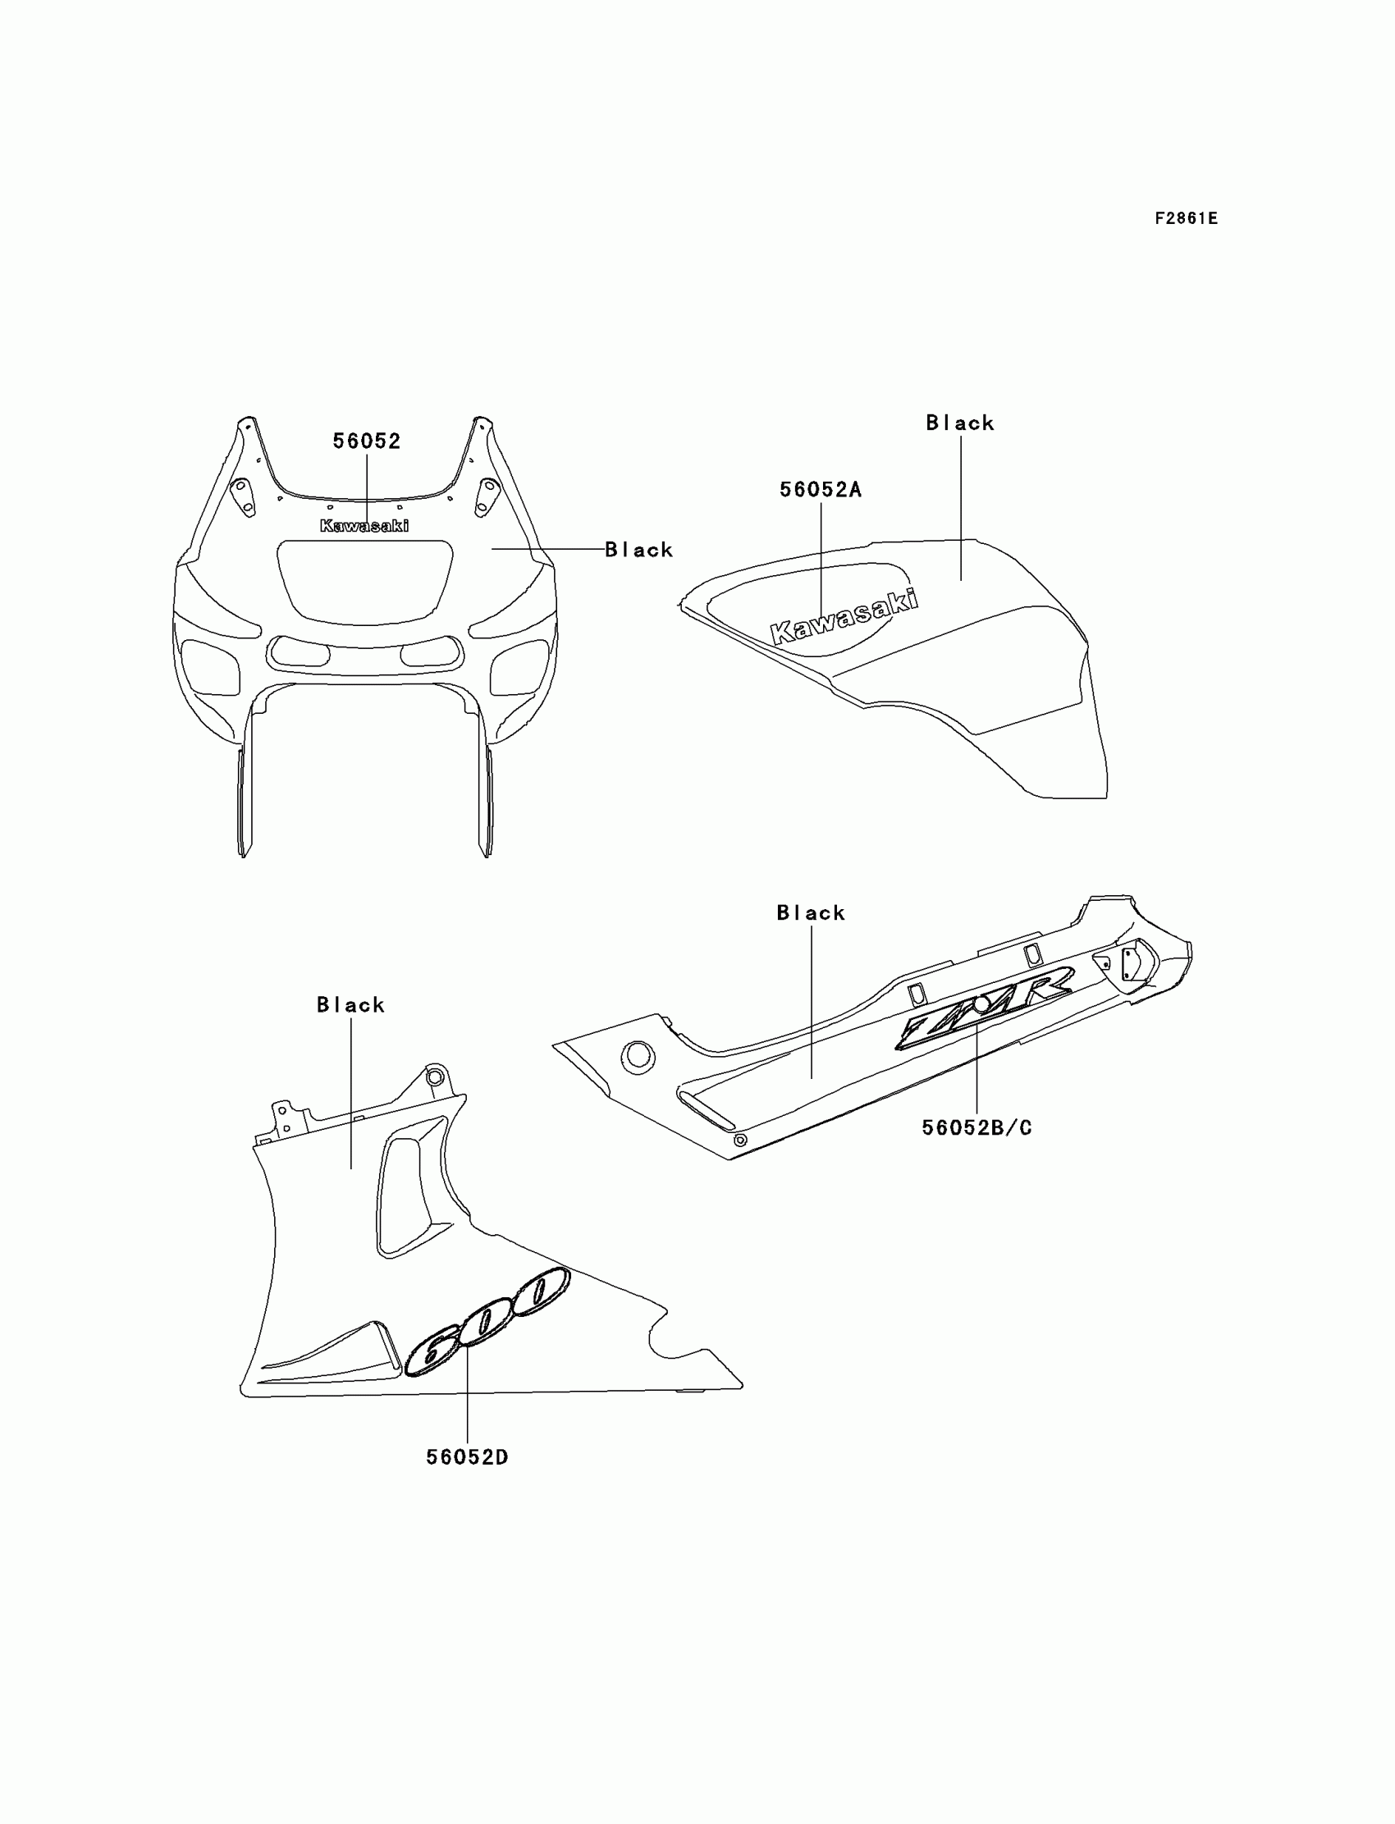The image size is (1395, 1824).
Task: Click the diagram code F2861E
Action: coord(1186,218)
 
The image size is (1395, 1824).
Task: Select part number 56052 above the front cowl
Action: coord(366,441)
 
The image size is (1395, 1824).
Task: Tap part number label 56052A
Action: coord(821,490)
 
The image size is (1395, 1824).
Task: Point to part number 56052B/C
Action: coord(976,1128)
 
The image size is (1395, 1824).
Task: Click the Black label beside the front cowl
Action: coord(638,550)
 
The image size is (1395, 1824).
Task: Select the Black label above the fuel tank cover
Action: coord(960,423)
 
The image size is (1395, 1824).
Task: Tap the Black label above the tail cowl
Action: coord(811,913)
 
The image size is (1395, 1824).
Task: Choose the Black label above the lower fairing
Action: coord(350,1005)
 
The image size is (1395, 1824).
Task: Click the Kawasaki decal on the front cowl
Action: coord(364,525)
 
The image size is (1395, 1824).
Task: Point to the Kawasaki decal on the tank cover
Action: coord(844,617)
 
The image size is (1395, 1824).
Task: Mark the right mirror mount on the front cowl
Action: coord(486,496)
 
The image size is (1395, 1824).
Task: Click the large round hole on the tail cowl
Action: coord(638,1056)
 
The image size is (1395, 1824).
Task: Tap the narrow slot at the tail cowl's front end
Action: coord(707,1112)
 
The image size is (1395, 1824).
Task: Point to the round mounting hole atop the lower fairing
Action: coord(432,1077)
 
